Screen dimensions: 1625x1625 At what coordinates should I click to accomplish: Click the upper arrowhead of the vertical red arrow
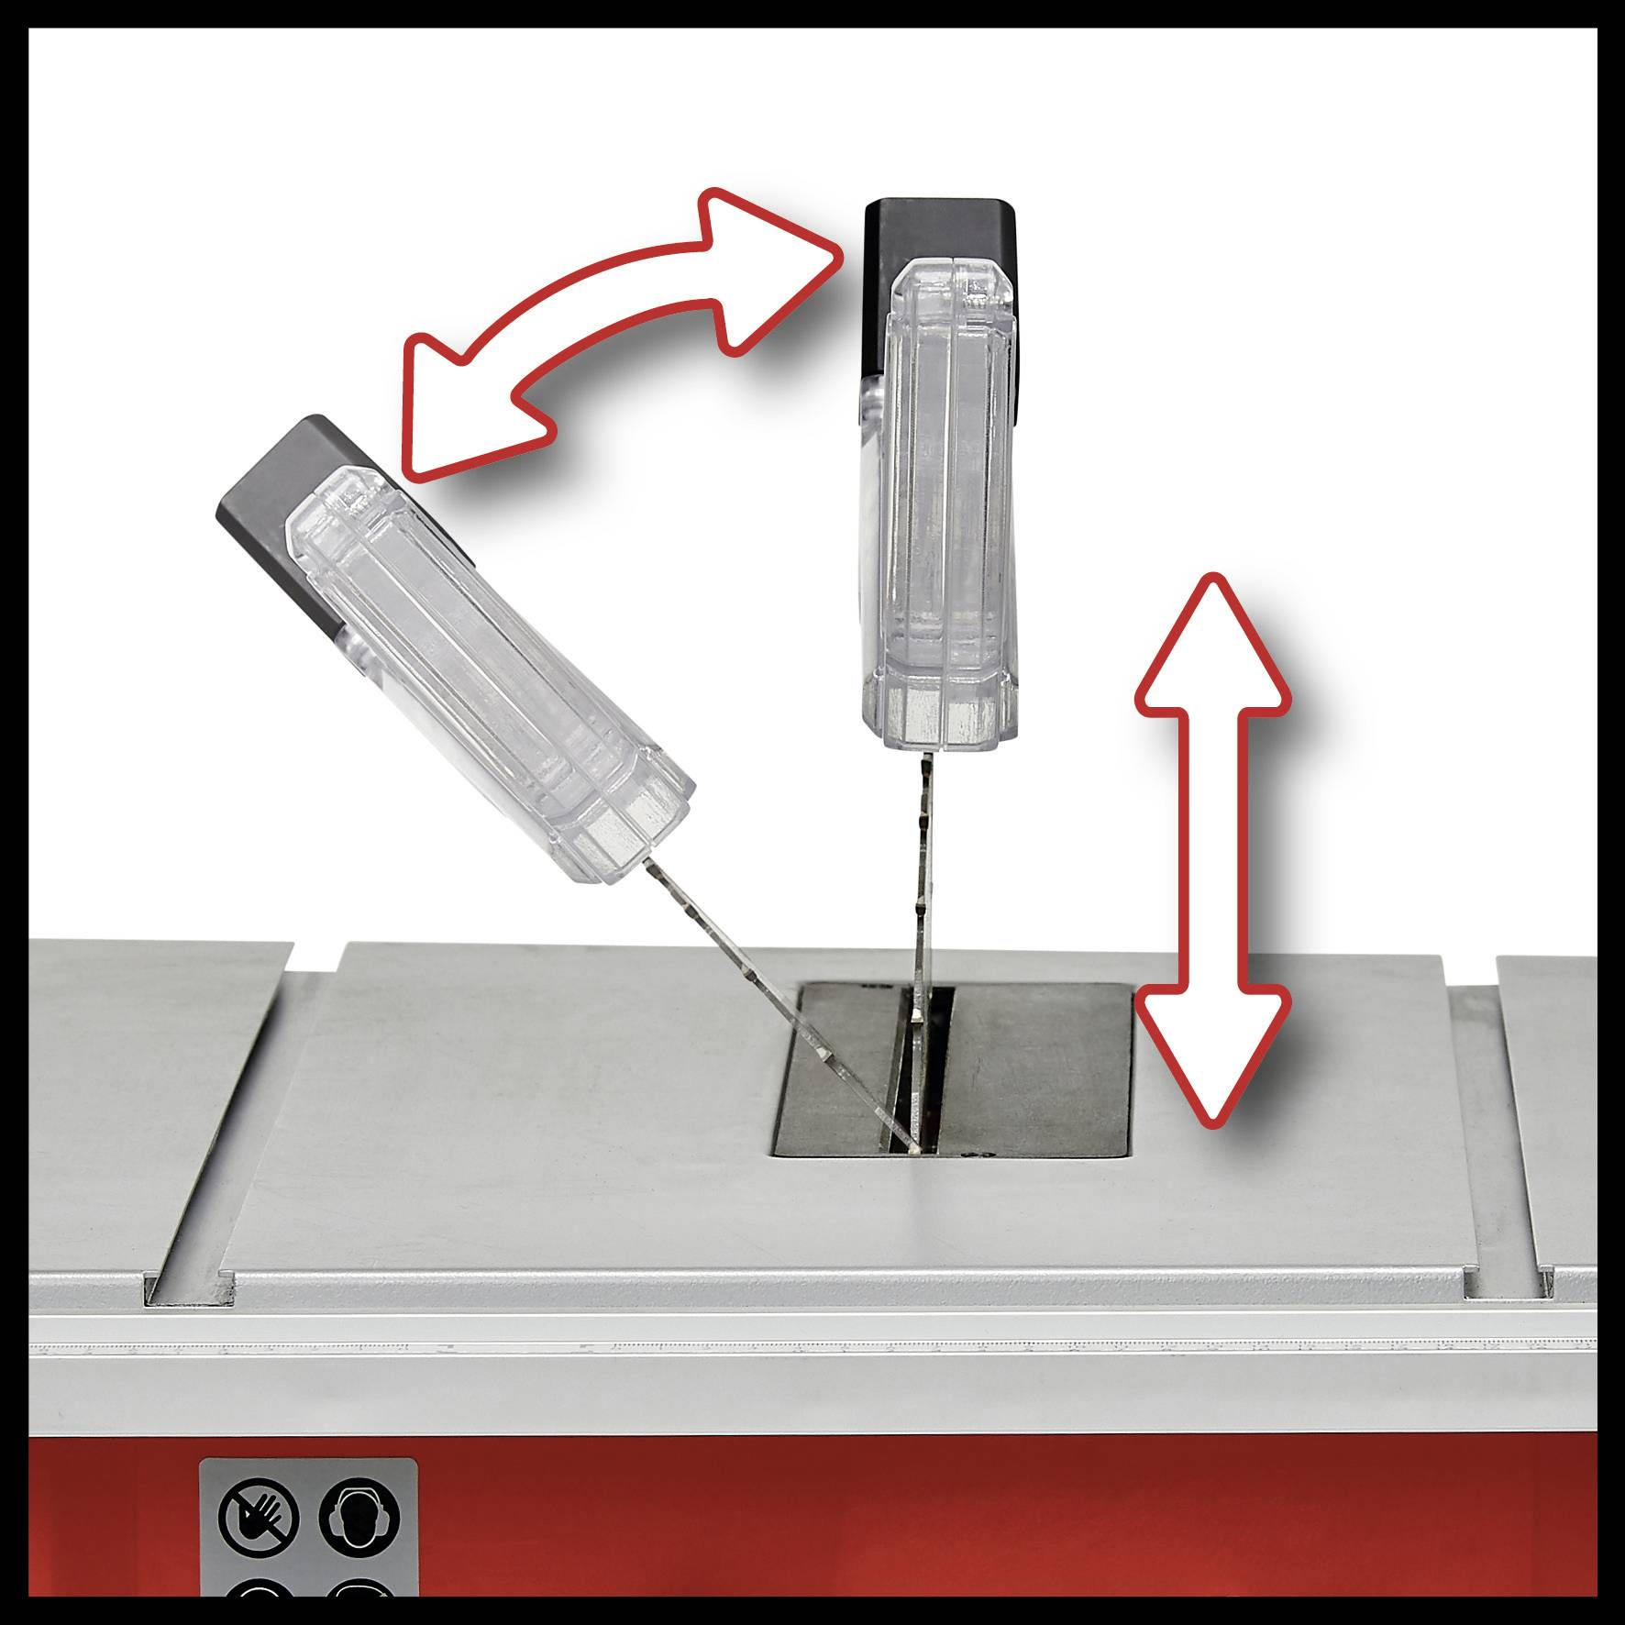(1212, 642)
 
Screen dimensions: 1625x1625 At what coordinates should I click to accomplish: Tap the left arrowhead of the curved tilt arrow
(459, 413)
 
